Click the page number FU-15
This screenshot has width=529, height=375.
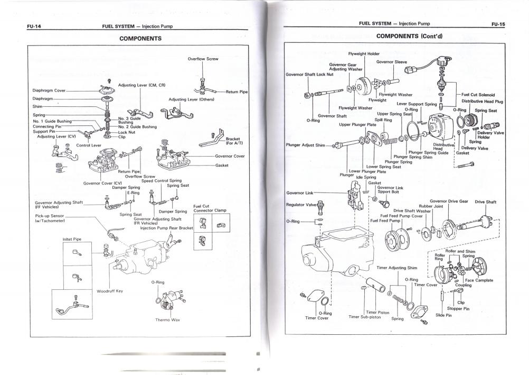coord(498,24)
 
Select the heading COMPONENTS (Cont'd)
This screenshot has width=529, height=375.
coord(409,36)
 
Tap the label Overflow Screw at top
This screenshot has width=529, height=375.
coord(203,59)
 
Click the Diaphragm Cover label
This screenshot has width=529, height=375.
coord(49,90)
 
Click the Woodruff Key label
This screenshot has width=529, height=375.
coord(110,291)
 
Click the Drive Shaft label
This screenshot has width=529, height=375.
coord(485,202)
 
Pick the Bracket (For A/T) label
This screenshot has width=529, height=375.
coord(233,141)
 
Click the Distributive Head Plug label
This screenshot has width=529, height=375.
coord(483,101)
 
